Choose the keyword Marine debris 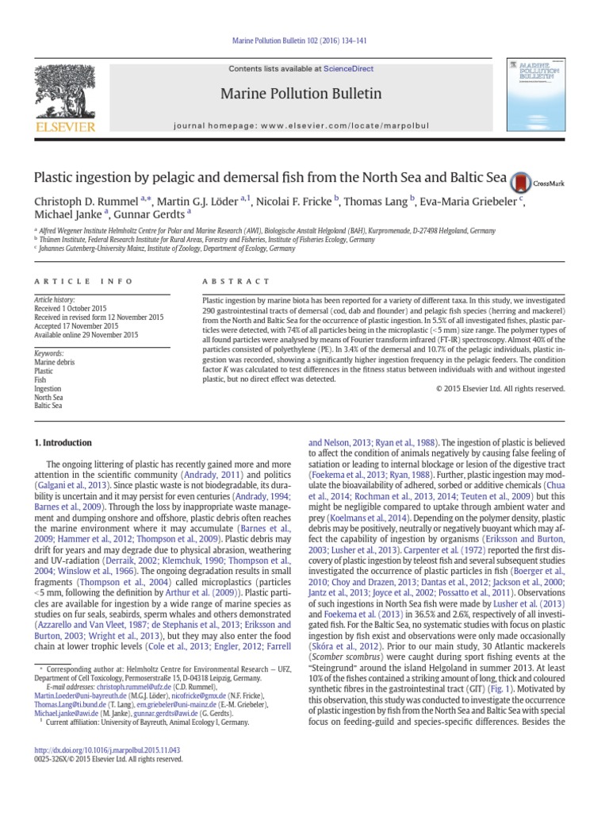point(55,361)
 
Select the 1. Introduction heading point(62,443)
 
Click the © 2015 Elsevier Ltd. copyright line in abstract point(500,388)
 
